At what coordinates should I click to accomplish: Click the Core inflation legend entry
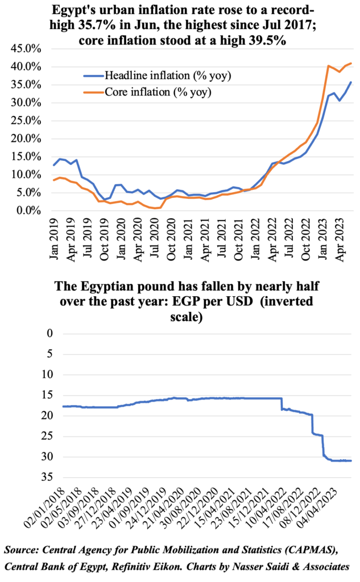coord(149,92)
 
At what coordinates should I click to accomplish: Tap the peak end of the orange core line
coord(351,63)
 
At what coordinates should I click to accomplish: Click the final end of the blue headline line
coord(351,82)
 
